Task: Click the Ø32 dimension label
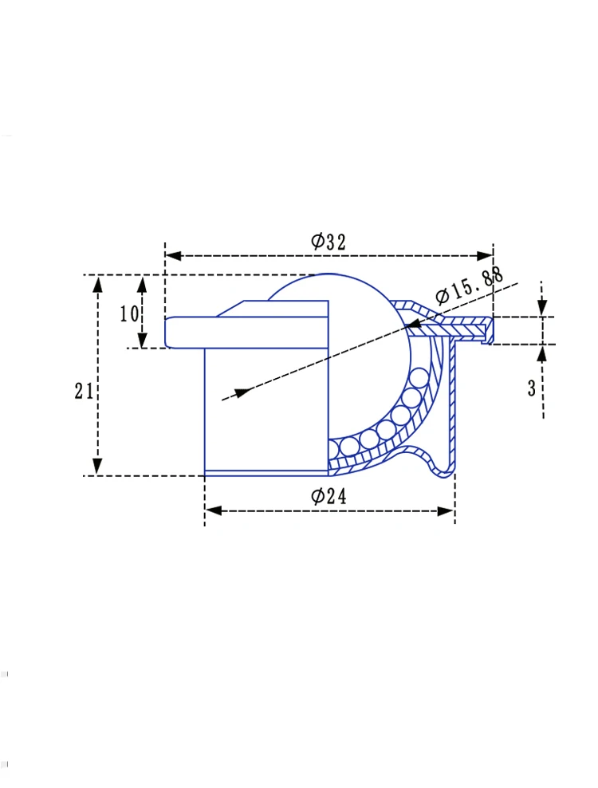click(x=329, y=242)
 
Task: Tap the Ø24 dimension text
click(x=329, y=497)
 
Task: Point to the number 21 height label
click(x=84, y=391)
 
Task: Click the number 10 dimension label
click(x=128, y=314)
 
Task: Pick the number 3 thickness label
click(x=532, y=388)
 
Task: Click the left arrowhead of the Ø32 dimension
click(x=173, y=256)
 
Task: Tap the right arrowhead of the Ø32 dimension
click(x=485, y=256)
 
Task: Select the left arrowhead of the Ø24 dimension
click(x=214, y=511)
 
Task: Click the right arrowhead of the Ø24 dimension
click(x=447, y=511)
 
